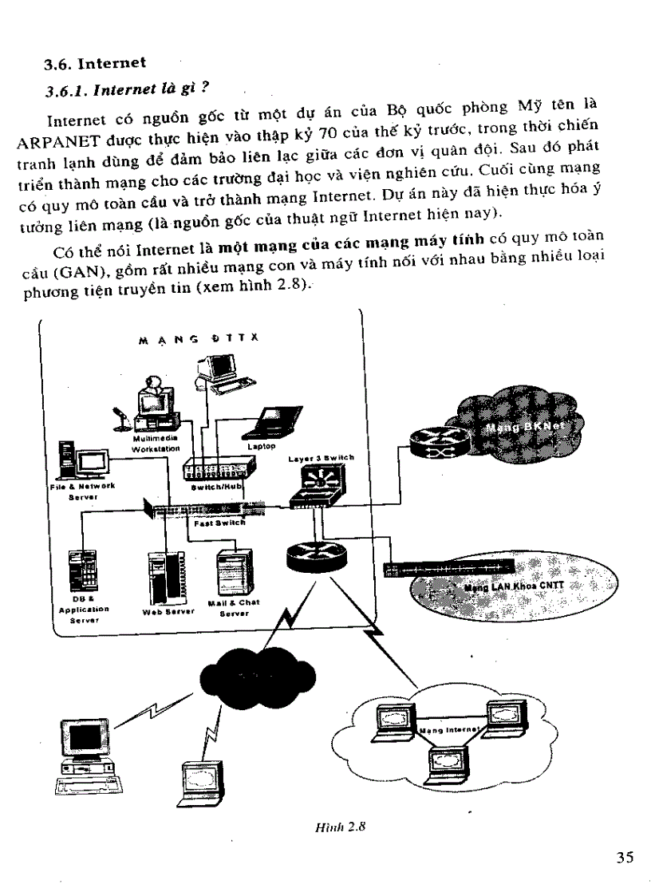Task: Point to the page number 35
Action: (625, 858)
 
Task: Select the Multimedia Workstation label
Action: (156, 443)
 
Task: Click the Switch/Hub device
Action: (211, 469)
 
